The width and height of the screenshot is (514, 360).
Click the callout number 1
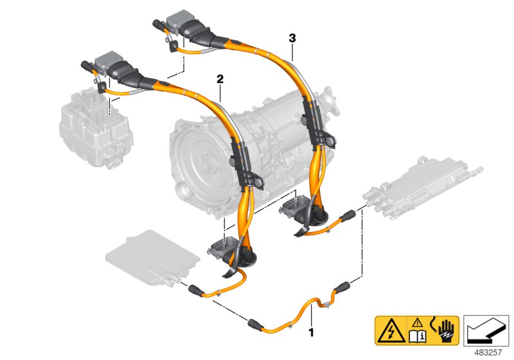pos(312,332)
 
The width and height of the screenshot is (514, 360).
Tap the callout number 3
pos(292,39)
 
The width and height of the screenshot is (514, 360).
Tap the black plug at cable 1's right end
pos(342,287)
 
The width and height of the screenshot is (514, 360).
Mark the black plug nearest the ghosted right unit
pos(347,214)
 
